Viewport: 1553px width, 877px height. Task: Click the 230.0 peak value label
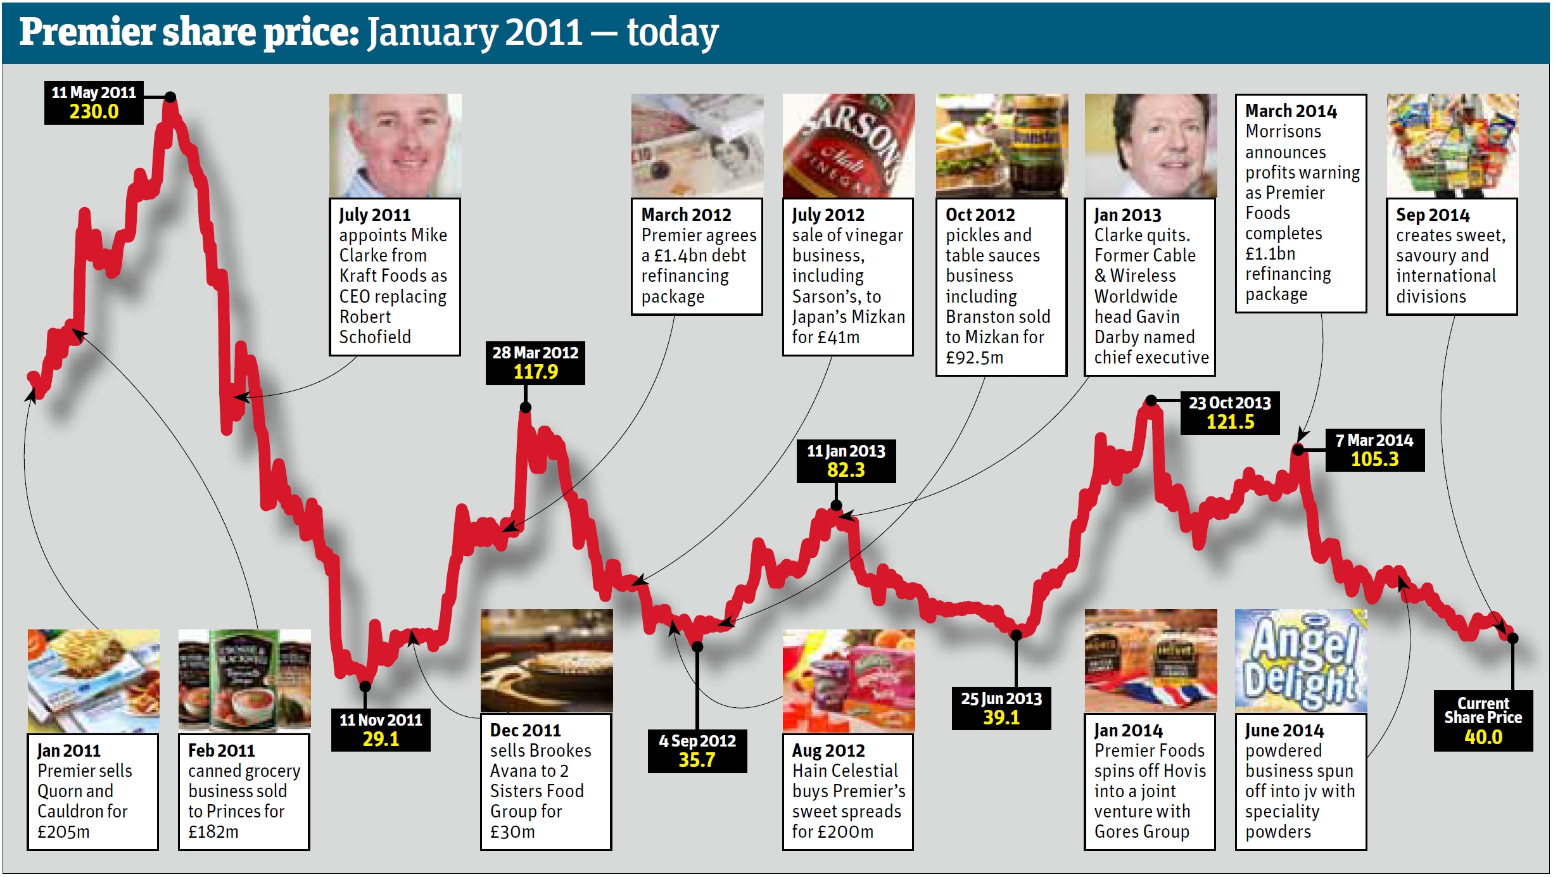94,112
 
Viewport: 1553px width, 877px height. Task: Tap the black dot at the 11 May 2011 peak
170,97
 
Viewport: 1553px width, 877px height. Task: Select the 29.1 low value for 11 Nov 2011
381,739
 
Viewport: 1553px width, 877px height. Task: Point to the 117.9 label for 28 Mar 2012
535,372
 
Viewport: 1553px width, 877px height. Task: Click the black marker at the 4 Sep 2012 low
697,647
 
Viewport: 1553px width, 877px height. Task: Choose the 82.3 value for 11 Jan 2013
846,470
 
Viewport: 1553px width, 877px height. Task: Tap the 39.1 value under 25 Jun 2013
1001,717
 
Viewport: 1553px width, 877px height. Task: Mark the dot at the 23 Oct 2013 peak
1151,400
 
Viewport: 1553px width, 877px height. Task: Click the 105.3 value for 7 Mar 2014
1374,459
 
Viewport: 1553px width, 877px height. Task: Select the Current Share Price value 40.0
1483,737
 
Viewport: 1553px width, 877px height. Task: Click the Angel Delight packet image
1301,660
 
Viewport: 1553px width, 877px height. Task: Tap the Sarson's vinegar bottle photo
848,146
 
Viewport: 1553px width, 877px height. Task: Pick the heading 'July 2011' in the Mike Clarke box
374,215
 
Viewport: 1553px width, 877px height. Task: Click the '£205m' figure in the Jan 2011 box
63,831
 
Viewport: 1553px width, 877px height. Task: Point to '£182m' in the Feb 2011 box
213,831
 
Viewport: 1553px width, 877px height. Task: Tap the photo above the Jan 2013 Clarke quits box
1150,146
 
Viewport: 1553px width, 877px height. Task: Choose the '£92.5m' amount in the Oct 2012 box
974,358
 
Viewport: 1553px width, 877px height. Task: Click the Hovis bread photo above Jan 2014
1150,660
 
